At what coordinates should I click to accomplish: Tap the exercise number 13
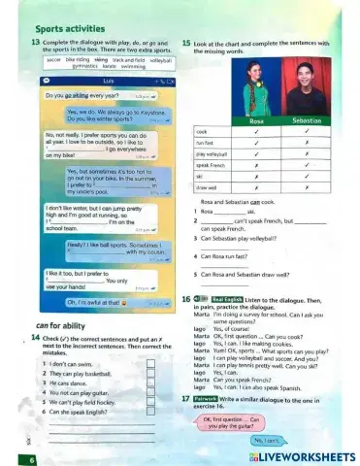coord(37,45)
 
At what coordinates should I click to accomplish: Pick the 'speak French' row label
coord(211,165)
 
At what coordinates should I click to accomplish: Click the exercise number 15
coord(186,45)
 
